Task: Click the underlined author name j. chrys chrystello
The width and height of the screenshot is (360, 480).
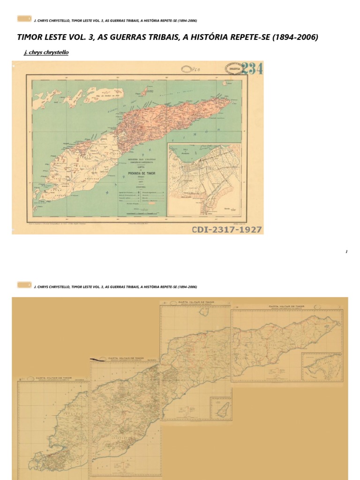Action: point(46,52)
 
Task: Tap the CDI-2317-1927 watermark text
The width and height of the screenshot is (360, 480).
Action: point(227,230)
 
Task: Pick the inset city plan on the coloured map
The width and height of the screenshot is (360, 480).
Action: point(204,180)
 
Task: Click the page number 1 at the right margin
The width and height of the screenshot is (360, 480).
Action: point(346,252)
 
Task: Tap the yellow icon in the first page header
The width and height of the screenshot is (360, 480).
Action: point(24,19)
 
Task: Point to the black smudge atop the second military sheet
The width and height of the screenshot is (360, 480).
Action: point(99,360)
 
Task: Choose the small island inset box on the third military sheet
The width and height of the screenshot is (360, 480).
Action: point(218,407)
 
